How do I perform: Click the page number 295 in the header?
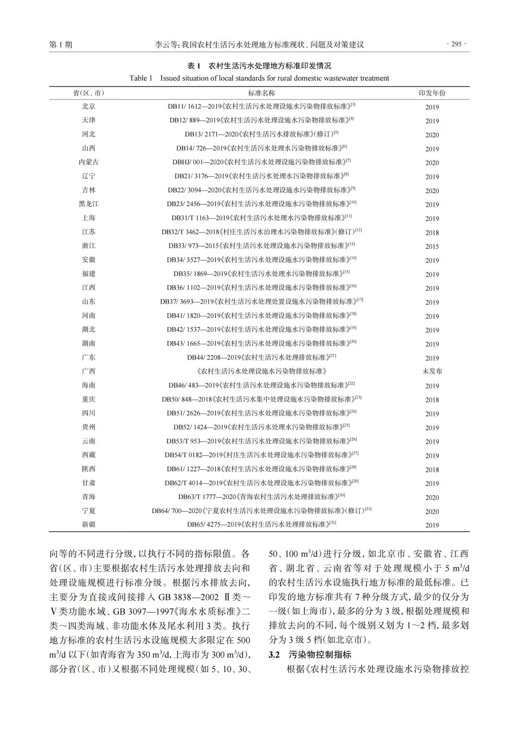(x=457, y=44)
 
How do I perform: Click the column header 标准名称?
(x=261, y=93)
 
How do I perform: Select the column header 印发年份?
(x=432, y=93)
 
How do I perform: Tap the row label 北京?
(x=88, y=107)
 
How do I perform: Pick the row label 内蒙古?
(x=88, y=162)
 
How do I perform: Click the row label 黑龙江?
(x=88, y=204)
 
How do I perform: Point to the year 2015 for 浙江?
(x=432, y=246)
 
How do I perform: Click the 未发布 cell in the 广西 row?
(x=432, y=371)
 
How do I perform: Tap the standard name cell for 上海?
(x=261, y=218)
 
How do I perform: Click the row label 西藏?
(x=88, y=455)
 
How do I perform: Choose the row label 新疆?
(x=88, y=525)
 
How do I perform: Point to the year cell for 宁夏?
(x=432, y=512)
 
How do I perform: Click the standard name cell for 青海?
(x=261, y=497)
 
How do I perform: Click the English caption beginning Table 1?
(x=259, y=78)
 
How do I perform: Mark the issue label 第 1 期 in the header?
(x=61, y=45)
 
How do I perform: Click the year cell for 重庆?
(x=432, y=400)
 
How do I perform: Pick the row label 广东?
(x=88, y=357)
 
